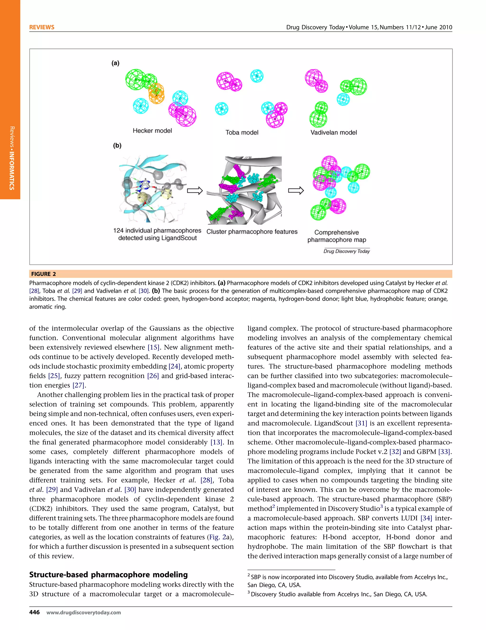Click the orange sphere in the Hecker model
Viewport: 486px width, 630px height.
[157, 93]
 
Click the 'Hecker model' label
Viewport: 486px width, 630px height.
[152, 131]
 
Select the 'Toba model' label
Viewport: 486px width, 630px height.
[242, 132]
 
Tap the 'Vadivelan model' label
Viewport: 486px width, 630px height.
[333, 132]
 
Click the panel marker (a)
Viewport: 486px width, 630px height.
[115, 63]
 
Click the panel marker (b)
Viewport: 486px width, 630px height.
[117, 145]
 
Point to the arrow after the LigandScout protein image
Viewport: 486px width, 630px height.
[195, 191]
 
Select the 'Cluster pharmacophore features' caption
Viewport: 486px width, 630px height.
[252, 232]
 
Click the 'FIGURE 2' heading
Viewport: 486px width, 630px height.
[44, 274]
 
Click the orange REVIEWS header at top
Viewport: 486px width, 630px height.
[42, 27]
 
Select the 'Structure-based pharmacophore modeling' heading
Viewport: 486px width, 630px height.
[108, 575]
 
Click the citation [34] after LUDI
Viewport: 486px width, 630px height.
[426, 518]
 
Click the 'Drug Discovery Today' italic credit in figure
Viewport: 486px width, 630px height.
[346, 251]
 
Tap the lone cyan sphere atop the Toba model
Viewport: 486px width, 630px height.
[257, 76]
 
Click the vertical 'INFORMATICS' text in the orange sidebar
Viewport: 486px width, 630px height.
[12, 170]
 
